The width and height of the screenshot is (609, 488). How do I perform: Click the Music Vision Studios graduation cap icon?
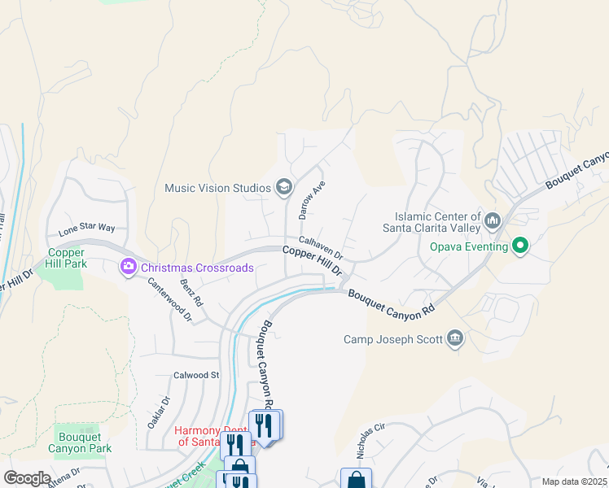click(x=283, y=188)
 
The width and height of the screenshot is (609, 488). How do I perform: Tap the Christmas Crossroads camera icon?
click(x=128, y=267)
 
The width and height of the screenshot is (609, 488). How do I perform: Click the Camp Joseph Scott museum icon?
click(x=455, y=338)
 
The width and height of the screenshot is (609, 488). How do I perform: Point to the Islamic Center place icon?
click(x=493, y=220)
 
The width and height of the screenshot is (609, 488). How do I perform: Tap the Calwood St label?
click(x=196, y=375)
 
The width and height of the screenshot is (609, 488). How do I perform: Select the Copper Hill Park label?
click(x=67, y=259)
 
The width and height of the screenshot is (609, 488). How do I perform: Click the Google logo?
click(x=27, y=478)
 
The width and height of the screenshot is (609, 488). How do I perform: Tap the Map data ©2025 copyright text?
click(x=574, y=481)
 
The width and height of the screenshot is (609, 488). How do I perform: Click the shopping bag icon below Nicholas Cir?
click(x=356, y=480)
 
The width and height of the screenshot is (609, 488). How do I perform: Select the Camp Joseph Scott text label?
click(x=392, y=339)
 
